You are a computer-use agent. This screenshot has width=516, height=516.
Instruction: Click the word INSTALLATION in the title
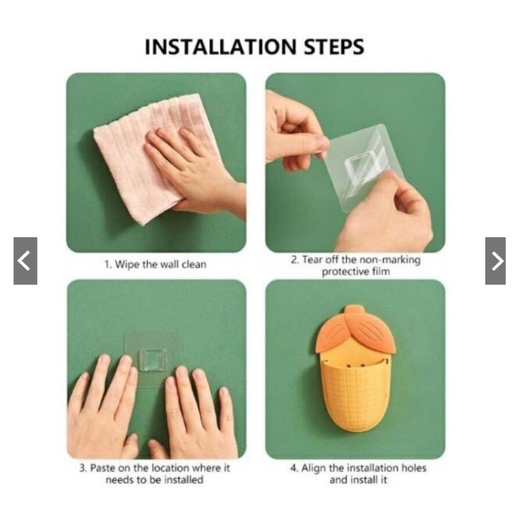[x=221, y=47]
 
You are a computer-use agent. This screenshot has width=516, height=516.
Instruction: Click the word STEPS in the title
[x=334, y=47]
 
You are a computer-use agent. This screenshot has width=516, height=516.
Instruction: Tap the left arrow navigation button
[x=25, y=260]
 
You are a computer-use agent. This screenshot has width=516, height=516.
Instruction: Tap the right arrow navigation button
[x=495, y=260]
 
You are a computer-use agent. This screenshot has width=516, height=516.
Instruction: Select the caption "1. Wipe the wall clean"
[x=156, y=265]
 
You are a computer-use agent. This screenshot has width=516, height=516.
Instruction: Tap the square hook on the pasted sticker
[x=151, y=360]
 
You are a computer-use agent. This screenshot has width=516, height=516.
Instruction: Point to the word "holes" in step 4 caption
[x=413, y=468]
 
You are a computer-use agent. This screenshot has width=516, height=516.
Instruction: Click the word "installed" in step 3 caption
[x=184, y=480]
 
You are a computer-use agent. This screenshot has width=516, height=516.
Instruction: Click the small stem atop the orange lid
[x=354, y=310]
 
